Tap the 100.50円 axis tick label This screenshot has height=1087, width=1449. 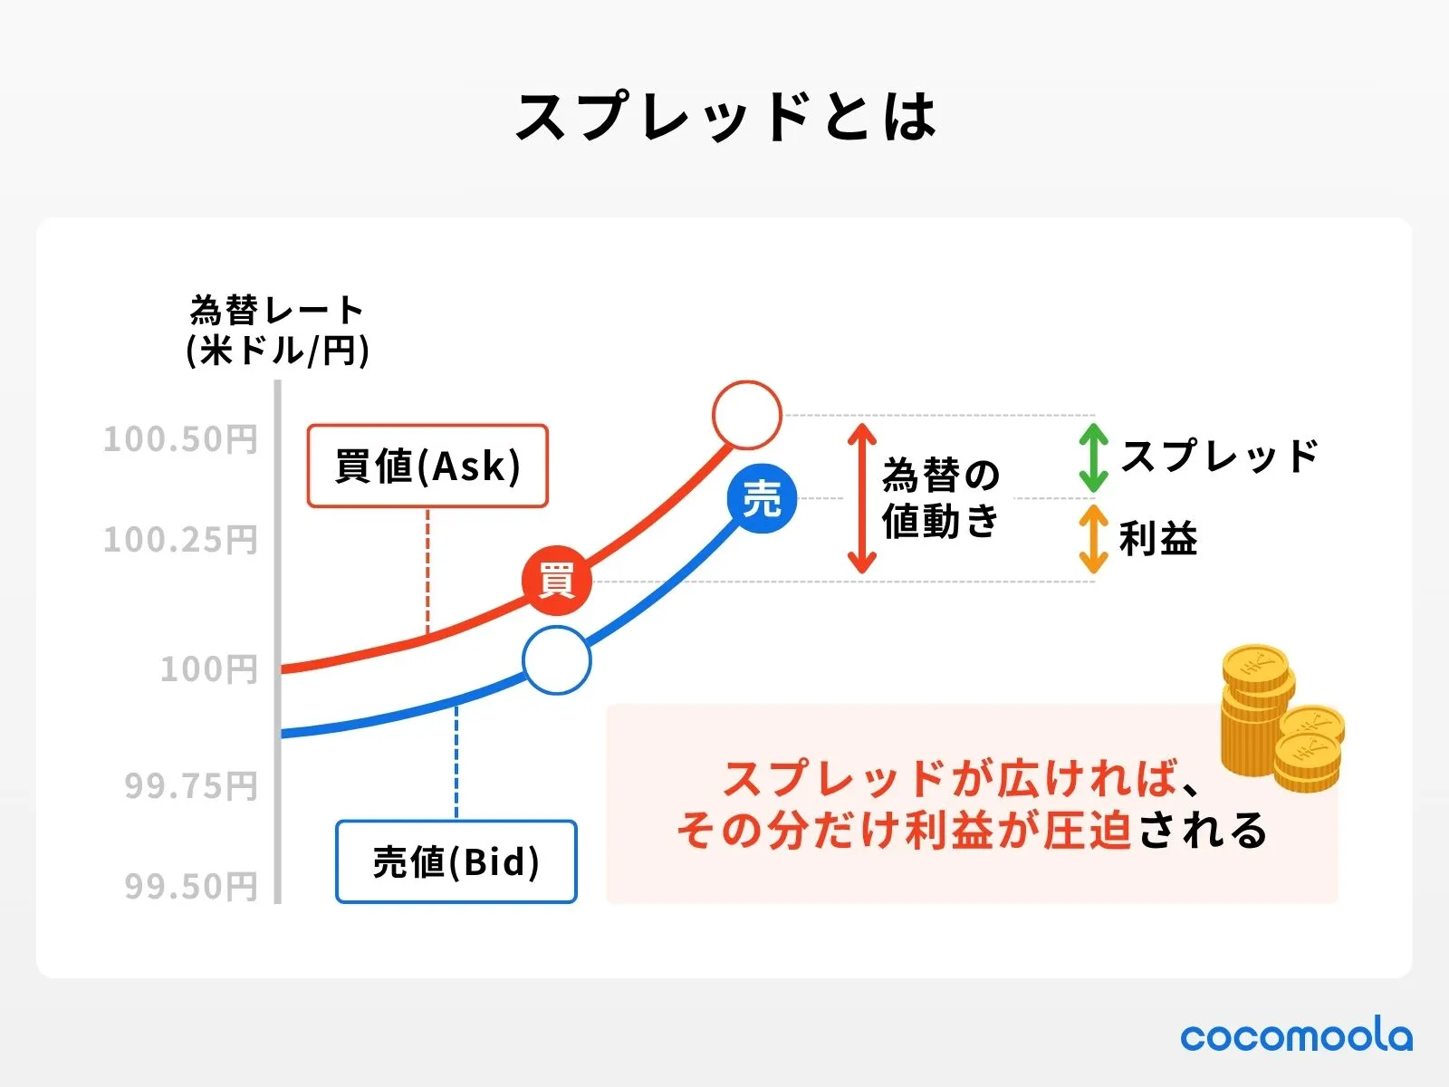pos(180,439)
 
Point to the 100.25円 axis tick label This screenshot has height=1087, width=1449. pos(180,540)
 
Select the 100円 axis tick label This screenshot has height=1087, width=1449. pos(209,669)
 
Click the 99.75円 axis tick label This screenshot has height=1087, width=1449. pos(191,785)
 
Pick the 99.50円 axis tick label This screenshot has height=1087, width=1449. pos(191,886)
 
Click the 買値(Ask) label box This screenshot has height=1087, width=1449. pos(427,466)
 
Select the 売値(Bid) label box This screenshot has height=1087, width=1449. pos(456,861)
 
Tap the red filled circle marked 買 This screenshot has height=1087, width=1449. pos(556,581)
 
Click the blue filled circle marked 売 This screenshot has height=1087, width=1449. pos(762,498)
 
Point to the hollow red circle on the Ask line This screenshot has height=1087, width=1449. pos(746,415)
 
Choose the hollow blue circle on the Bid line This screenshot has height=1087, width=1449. pos(556,660)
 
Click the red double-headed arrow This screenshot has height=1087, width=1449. pos(861,498)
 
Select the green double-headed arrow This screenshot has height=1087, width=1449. pos(1093,457)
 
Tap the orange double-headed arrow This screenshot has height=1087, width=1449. pos(1093,539)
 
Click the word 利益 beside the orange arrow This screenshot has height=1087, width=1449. pos(1158,539)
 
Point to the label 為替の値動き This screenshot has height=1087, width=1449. pos(941,498)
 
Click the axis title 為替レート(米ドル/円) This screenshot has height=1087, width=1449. pos(277,331)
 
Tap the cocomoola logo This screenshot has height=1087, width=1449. pos(1296,1035)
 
